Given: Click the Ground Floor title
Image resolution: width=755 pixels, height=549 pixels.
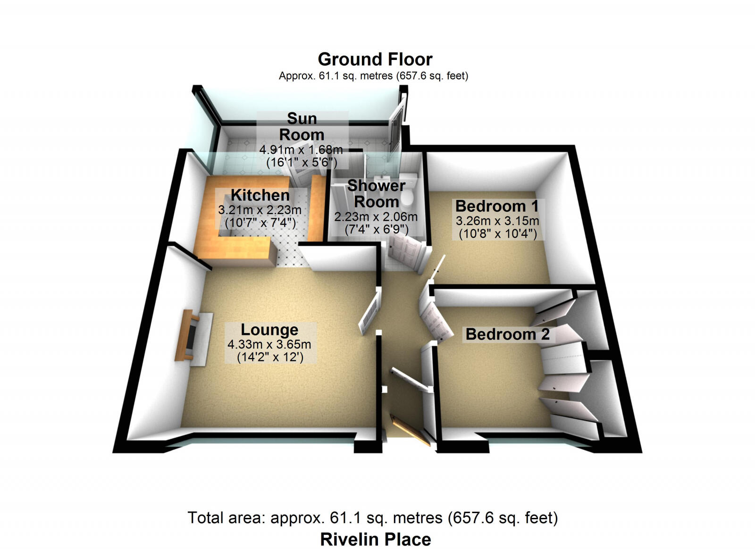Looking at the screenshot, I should [x=375, y=59].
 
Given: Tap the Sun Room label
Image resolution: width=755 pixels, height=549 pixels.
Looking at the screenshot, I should [x=302, y=126].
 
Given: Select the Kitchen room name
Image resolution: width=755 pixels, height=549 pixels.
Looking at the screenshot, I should [x=260, y=195].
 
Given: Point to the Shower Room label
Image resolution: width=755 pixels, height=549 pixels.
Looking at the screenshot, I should [x=376, y=194].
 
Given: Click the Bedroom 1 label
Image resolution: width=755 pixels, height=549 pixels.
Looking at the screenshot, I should [x=496, y=206].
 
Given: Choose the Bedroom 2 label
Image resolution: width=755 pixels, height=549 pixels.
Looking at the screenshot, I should [x=507, y=334].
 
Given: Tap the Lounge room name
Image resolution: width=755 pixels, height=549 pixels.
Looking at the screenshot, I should [x=269, y=330].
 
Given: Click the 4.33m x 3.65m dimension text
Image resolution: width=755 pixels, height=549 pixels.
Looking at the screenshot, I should [x=269, y=345].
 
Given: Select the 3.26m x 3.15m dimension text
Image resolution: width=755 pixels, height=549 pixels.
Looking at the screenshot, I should [x=497, y=221].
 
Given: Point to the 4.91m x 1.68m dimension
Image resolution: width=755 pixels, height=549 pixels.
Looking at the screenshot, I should [x=301, y=150].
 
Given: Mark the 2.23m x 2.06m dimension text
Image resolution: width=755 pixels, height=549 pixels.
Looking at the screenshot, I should [x=376, y=217].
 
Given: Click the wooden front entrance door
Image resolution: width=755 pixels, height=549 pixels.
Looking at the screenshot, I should [x=410, y=430].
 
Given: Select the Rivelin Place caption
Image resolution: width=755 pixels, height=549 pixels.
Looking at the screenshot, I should [x=375, y=539].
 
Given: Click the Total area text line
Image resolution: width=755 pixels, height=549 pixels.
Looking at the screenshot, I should [x=372, y=518].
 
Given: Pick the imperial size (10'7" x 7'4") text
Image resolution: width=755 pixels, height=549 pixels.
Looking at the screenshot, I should [x=260, y=223].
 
